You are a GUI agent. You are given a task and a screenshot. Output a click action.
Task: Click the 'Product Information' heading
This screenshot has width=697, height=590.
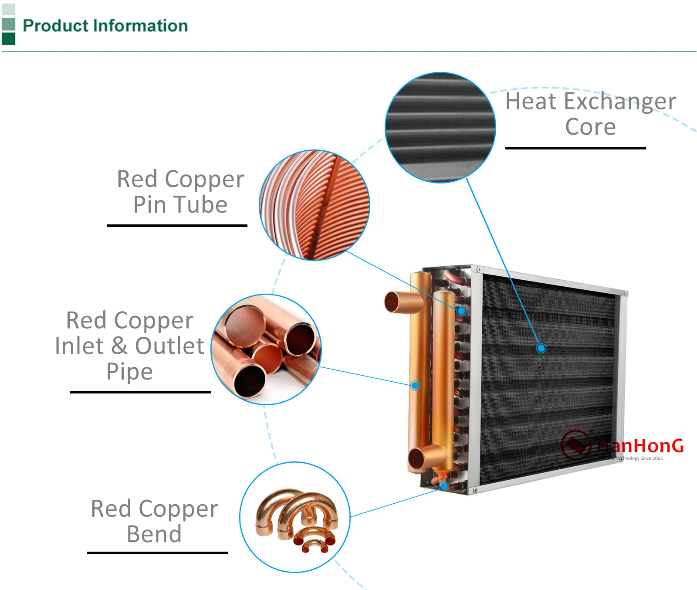(x=105, y=26)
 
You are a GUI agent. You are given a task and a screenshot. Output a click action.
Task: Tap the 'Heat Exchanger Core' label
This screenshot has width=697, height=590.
(x=590, y=114)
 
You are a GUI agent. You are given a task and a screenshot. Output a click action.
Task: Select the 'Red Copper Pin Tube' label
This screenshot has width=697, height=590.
(x=180, y=192)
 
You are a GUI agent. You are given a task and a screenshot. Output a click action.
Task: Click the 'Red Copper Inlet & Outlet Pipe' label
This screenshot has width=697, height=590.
(x=130, y=346)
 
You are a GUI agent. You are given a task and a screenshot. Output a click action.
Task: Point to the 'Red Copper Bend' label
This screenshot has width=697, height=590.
(x=154, y=521)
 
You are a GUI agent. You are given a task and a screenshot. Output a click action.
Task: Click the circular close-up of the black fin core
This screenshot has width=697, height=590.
(x=440, y=127)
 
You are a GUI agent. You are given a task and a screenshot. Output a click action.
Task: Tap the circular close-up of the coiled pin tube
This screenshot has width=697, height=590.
(x=314, y=205)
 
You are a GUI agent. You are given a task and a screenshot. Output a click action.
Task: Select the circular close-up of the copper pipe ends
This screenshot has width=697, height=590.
(x=266, y=349)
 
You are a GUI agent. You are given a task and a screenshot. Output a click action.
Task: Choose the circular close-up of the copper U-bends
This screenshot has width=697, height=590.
(x=295, y=517)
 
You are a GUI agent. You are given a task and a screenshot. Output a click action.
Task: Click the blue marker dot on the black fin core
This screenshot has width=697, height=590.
(x=541, y=348)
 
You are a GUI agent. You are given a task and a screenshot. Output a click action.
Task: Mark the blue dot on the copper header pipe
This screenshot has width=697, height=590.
(x=415, y=386)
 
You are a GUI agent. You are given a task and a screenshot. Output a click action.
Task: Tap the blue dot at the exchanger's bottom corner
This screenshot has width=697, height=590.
(x=444, y=486)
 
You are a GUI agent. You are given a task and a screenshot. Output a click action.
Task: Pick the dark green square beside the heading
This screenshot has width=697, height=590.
(x=8, y=39)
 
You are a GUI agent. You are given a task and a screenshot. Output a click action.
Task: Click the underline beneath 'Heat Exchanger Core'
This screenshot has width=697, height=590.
(x=575, y=148)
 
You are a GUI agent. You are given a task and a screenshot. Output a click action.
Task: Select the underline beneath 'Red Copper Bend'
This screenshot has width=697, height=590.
(x=157, y=553)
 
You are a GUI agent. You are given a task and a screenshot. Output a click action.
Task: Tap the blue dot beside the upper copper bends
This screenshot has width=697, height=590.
(x=461, y=311)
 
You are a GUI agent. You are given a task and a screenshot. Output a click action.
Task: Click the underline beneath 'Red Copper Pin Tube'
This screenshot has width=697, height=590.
(x=177, y=225)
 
